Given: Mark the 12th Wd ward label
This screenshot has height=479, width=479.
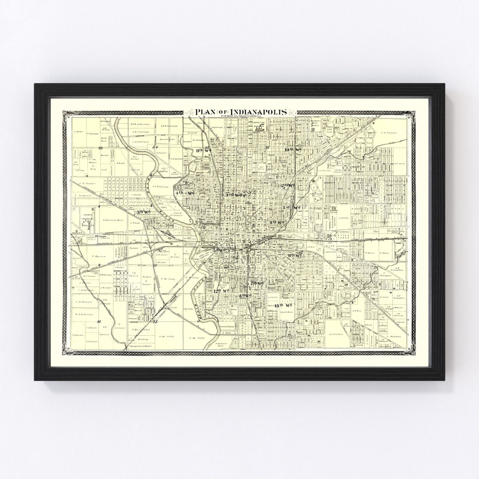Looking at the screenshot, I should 220,291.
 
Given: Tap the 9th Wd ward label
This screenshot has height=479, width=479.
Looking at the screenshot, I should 277,221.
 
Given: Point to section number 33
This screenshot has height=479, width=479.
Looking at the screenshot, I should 101,148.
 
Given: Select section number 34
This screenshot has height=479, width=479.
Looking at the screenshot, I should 155,147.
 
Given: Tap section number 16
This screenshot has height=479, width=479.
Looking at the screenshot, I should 99,322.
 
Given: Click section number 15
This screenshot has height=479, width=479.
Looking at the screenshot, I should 155,322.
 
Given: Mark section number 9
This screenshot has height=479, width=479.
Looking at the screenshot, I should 100,265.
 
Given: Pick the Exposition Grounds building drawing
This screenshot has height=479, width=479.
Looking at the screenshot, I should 260,127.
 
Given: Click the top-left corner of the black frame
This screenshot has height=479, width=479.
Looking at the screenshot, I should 35,85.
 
